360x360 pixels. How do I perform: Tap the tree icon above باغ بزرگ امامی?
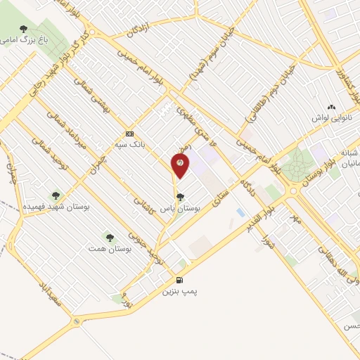(x=24, y=30)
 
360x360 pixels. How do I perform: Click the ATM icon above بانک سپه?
(x=129, y=134)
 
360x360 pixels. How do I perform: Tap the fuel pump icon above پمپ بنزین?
(x=185, y=278)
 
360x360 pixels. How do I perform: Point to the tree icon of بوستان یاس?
(x=181, y=197)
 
